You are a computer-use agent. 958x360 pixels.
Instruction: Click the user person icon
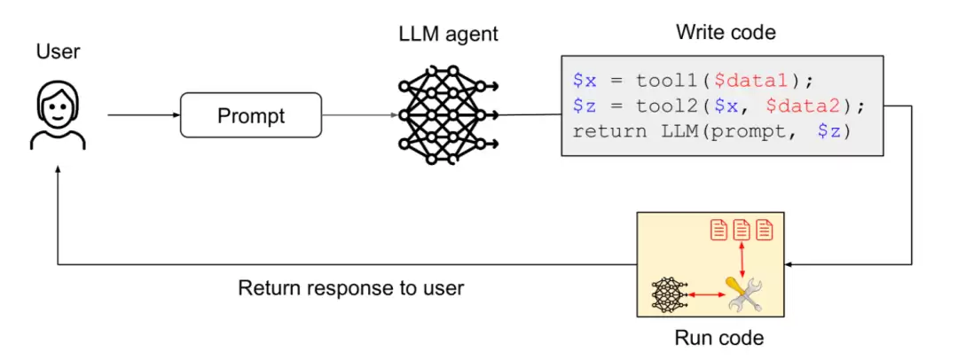tap(58, 117)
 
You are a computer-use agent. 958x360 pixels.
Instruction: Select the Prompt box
tap(251, 115)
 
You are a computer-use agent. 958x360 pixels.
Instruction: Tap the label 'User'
tap(58, 52)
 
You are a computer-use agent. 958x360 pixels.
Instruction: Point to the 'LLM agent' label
tap(448, 34)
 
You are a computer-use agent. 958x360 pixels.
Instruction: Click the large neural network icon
tap(448, 114)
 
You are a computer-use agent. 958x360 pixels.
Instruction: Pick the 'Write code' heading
tap(726, 32)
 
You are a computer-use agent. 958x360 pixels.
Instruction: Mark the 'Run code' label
tap(719, 337)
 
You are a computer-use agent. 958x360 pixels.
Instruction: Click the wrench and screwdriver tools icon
tap(743, 294)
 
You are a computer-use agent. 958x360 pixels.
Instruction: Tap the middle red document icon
tap(742, 230)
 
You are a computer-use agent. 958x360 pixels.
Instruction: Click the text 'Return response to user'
tap(350, 287)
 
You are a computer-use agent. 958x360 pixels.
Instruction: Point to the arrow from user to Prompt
tap(144, 115)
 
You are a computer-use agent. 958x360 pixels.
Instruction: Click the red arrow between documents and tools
tap(742, 258)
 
